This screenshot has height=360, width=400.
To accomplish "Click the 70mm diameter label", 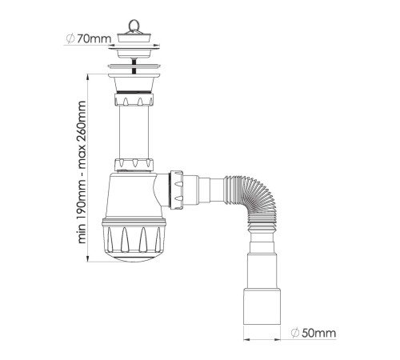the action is [89, 39].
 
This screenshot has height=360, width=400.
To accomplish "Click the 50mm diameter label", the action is [314, 333].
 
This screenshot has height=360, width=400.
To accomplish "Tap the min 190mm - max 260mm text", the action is [82, 172].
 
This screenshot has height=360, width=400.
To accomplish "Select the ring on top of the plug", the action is [134, 25].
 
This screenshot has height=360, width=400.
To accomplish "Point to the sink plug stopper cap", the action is [134, 38].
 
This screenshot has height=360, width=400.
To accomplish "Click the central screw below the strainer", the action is [134, 66].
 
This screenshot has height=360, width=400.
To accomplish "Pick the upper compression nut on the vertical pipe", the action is [134, 98].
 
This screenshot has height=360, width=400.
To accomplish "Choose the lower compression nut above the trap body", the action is [134, 165].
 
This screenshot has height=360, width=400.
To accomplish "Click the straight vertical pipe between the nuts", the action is [134, 131].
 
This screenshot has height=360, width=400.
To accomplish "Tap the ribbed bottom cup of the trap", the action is [134, 239].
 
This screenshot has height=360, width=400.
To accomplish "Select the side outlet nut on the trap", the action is [176, 190].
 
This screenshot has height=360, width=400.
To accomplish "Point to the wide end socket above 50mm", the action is [262, 306].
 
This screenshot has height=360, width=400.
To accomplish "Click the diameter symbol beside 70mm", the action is [70, 39].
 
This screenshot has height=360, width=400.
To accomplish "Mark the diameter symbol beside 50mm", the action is [295, 333].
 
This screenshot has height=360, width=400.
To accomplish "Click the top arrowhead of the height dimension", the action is [88, 78].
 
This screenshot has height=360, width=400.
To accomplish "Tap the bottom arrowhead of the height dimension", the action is [88, 258].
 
